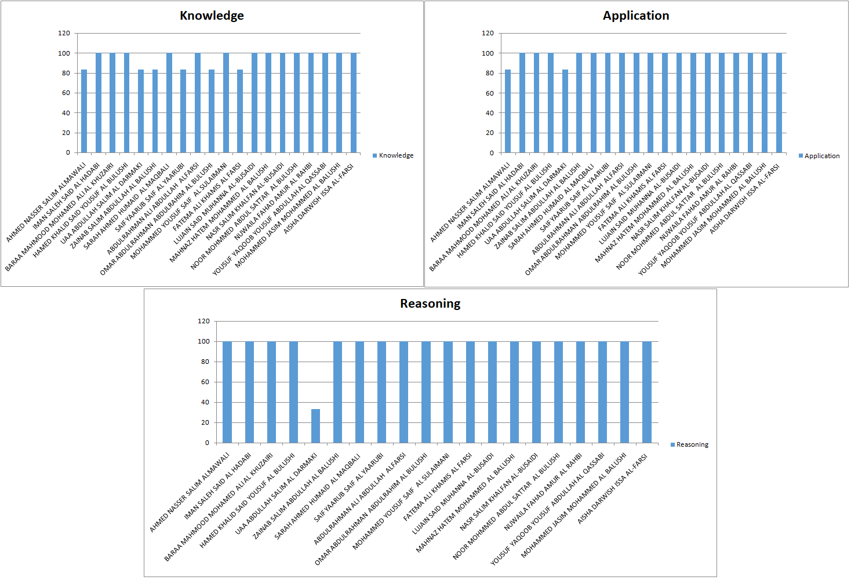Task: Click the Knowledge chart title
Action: click(212, 16)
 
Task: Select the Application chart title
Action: click(635, 16)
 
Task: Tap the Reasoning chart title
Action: click(430, 304)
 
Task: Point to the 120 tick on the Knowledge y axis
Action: click(64, 34)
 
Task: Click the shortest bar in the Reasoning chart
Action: click(315, 426)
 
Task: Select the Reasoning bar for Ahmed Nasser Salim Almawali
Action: click(227, 392)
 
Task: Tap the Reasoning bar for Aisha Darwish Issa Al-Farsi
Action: click(646, 392)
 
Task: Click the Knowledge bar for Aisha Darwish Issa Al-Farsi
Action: click(354, 103)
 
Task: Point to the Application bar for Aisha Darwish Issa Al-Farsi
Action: click(779, 103)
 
